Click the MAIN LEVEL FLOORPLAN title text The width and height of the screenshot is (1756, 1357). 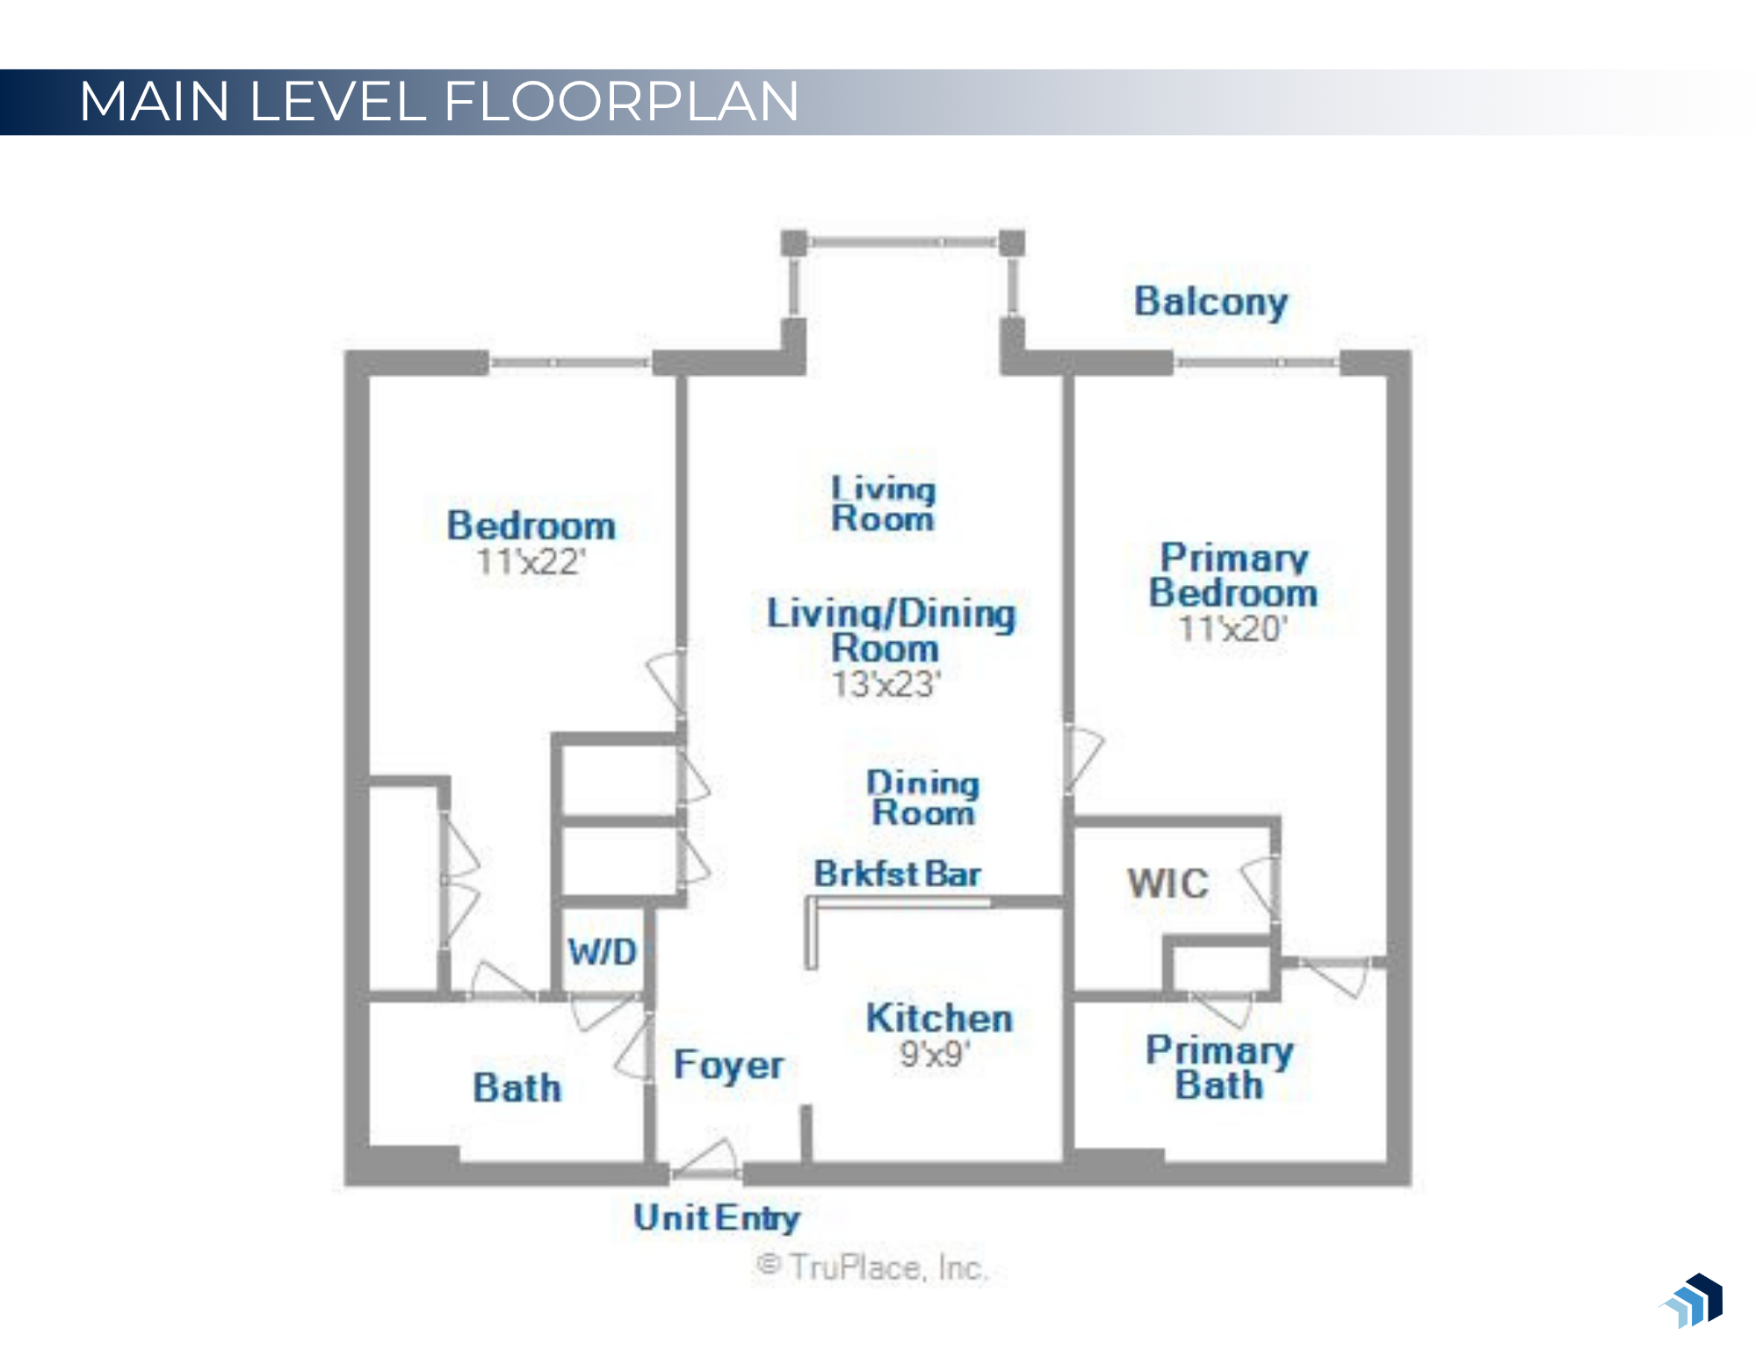[439, 101]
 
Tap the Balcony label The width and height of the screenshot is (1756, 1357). [1210, 302]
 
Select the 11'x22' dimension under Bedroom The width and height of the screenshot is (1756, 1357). [531, 562]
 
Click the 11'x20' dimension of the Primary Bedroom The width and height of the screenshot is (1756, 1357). [1232, 629]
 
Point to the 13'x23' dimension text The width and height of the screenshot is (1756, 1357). [885, 684]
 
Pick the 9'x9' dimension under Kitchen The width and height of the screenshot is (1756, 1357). [935, 1054]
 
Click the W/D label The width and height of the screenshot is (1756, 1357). [602, 952]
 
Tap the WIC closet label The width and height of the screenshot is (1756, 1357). [1167, 884]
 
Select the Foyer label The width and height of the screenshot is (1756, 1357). [728, 1065]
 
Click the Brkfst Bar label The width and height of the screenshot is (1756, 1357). [897, 874]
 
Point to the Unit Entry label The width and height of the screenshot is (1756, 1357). [716, 1218]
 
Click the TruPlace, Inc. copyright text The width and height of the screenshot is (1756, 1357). [872, 1267]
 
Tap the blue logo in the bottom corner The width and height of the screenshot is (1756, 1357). [1693, 1301]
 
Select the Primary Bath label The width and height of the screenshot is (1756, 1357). [1219, 1068]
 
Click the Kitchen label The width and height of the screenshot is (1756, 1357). [939, 1019]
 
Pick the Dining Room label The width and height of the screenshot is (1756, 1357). [922, 798]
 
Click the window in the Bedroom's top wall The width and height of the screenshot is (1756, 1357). [569, 363]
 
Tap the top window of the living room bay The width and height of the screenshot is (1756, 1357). [902, 242]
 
